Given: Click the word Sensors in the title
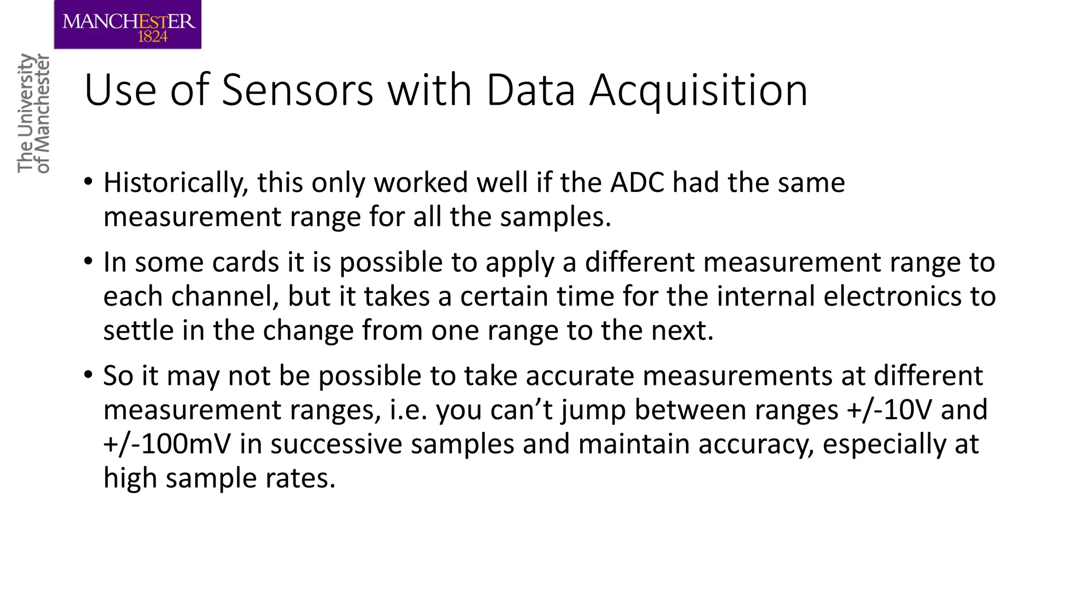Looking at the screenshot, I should [298, 90].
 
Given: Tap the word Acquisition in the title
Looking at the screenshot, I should [699, 90].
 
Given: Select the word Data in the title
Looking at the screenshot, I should [530, 90].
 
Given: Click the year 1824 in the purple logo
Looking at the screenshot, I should [152, 36].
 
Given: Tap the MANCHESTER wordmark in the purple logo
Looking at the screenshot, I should [129, 22].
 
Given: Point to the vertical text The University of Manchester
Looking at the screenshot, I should [33, 113].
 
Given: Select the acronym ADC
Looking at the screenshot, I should [637, 182].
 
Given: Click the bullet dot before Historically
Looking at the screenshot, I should [88, 182].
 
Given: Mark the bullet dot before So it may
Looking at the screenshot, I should [88, 375].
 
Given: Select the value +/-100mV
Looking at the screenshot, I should [167, 444].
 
